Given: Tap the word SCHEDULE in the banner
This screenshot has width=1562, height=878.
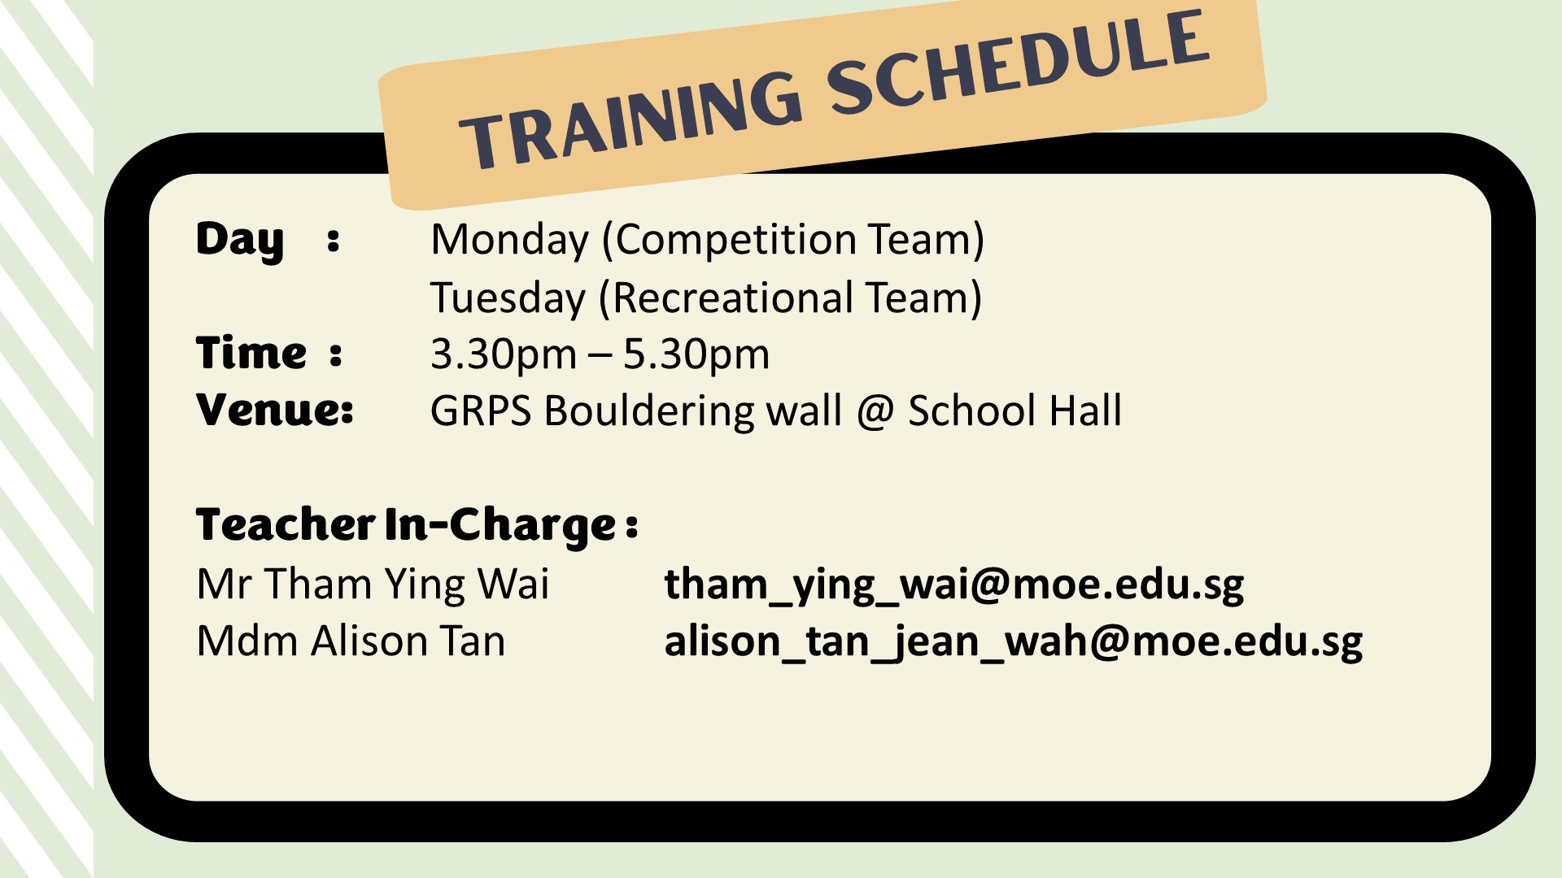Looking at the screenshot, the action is coord(1018,63).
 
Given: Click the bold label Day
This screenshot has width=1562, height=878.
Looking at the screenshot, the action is coord(240,241).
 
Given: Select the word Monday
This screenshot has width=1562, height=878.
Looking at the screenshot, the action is coord(509,240).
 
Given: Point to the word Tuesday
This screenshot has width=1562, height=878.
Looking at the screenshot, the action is coord(508,298).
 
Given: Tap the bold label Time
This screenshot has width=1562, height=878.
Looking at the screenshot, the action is coord(251,354).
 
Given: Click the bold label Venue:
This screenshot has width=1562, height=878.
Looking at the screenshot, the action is coord(275,410).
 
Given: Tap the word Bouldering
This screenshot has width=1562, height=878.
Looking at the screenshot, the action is coord(649,411).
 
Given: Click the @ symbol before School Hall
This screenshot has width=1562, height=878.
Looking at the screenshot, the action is coord(875,412).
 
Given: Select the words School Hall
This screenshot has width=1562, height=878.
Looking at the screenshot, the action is coord(1014,411).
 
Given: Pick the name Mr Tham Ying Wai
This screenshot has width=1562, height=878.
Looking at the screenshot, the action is coord(373,585).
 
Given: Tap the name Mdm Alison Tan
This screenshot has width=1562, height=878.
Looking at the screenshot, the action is coord(351,641).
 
